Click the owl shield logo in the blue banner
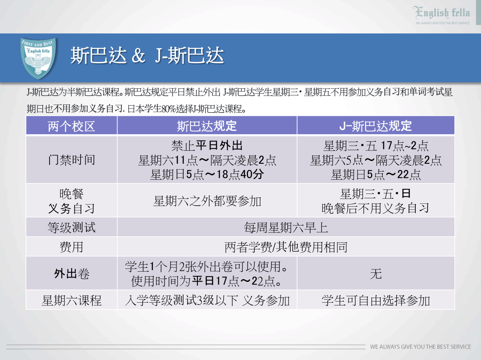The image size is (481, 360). point(38,58)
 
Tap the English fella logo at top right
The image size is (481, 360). point(442,15)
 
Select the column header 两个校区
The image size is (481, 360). point(72,126)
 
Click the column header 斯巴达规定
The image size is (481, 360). point(207,126)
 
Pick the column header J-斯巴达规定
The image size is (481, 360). point(376,126)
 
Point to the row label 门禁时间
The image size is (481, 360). point(72,160)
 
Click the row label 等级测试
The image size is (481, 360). point(72,227)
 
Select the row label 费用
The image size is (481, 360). point(72,247)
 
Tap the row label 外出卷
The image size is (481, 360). point(72,274)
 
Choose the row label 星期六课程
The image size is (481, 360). point(72,300)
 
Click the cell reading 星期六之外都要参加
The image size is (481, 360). point(207,201)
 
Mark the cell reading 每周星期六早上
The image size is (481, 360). point(286,227)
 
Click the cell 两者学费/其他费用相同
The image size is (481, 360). point(286,247)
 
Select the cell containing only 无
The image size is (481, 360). point(376,274)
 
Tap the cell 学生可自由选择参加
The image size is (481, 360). point(376,300)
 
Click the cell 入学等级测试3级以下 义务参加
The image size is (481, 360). point(207,300)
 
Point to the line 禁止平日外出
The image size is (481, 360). point(207,146)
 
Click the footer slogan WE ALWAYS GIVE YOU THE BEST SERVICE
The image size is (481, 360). point(420,347)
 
